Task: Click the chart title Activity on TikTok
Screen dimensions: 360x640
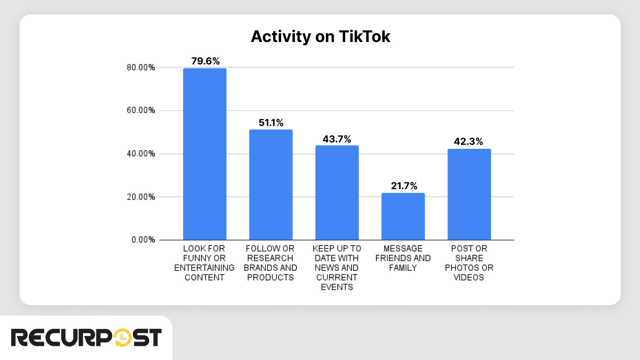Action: coord(320,37)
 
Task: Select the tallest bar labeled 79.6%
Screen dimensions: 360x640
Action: coord(205,154)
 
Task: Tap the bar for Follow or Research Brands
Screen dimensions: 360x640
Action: coord(271,185)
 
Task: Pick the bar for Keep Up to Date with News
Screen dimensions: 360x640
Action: coord(337,193)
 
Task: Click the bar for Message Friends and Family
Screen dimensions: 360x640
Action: coord(403,216)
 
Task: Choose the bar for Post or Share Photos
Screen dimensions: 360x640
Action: coord(469,194)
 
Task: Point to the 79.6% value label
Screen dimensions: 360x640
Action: coord(205,61)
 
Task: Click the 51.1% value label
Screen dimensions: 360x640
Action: coord(271,123)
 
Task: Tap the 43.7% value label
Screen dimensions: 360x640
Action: coord(337,139)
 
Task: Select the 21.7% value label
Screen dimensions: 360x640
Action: coord(404,186)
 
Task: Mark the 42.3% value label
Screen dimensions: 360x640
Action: coord(468,142)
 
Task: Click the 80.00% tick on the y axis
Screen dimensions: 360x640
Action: coord(141,68)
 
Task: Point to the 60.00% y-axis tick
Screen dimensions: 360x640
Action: coord(141,110)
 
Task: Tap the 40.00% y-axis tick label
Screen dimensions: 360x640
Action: coord(141,154)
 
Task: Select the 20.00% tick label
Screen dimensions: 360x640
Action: coord(141,197)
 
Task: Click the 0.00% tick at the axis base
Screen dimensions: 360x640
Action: coord(143,240)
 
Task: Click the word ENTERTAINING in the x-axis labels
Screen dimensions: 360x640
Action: coord(204,268)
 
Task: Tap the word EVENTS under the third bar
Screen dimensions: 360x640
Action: coord(337,287)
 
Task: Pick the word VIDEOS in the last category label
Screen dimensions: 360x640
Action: coord(469,277)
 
